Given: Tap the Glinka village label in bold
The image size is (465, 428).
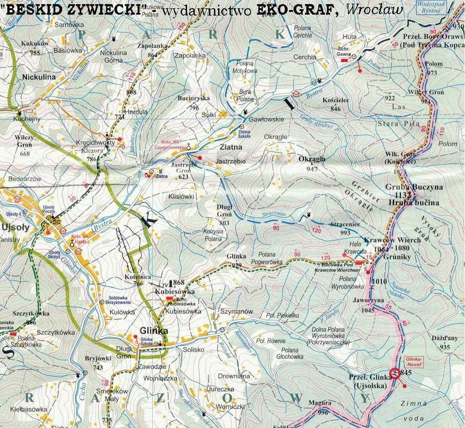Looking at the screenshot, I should (x=154, y=331).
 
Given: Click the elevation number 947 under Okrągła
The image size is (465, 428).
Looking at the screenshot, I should (x=312, y=169).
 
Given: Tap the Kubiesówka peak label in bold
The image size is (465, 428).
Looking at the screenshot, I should (x=175, y=291).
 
